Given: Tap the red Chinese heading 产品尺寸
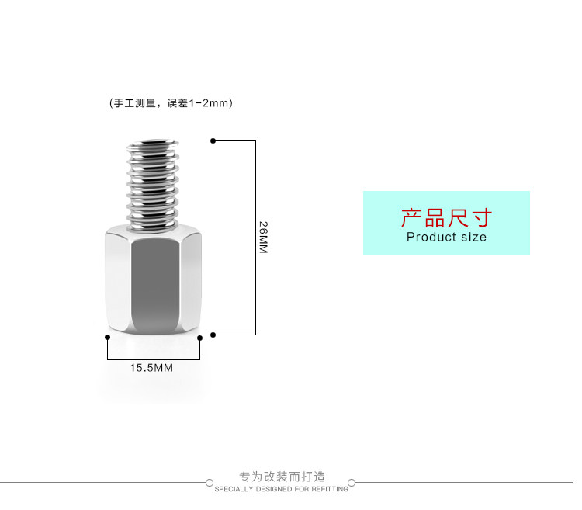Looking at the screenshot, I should point(446,217).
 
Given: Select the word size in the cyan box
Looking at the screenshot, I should point(473,237).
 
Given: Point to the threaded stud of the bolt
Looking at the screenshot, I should point(152,186).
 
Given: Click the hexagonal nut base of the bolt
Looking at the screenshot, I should point(152,283).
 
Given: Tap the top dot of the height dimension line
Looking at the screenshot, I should point(213,141).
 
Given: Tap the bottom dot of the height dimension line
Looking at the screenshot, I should point(213,335).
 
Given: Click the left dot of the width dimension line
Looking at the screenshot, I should point(107,337).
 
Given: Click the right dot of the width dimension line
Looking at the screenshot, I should point(200,337).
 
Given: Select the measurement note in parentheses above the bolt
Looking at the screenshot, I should point(171,102).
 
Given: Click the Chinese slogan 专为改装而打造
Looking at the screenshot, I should point(282,476).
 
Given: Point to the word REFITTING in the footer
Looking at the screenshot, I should point(331,489).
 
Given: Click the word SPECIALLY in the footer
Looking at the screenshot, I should point(232,489).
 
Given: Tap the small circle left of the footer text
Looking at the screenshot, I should point(210,483).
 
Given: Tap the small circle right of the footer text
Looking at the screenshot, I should point(352,483).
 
